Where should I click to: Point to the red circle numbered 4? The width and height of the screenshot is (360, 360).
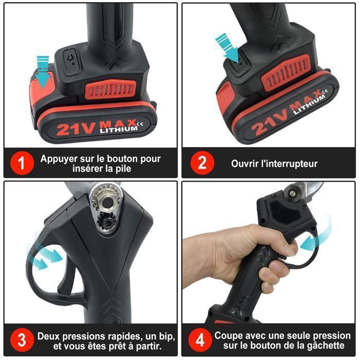coord(199,340)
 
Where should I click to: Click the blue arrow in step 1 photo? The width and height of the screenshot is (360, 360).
coord(43,69)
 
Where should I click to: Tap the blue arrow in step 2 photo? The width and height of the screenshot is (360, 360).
coord(228,47)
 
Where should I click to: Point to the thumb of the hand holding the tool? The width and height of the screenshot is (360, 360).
coord(280,247)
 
